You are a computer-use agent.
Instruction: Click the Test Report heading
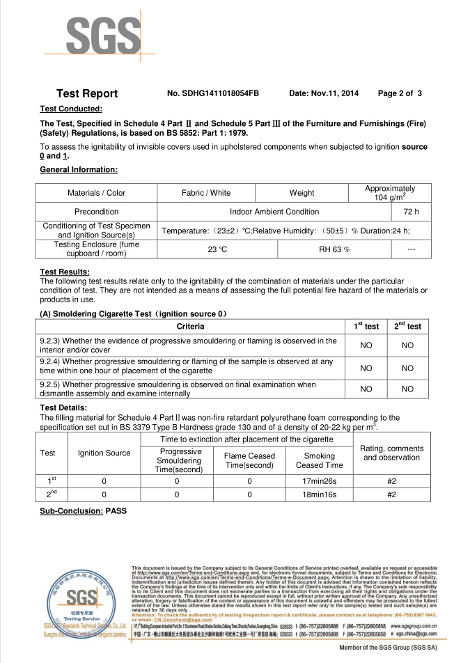point(87,93)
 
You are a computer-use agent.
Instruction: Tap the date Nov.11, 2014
point(324,93)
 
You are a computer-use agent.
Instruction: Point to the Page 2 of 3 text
point(400,93)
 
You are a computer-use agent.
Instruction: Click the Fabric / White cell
point(206,193)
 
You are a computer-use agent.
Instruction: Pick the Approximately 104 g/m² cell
point(390,193)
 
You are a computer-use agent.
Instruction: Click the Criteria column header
point(191,327)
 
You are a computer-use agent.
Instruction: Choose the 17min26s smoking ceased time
point(320,481)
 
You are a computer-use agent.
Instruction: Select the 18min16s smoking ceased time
point(320,494)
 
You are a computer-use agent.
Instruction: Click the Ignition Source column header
point(104,453)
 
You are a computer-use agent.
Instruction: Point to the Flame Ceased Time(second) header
point(249,460)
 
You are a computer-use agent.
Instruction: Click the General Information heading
point(79,170)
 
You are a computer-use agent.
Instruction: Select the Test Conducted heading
point(71,109)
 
